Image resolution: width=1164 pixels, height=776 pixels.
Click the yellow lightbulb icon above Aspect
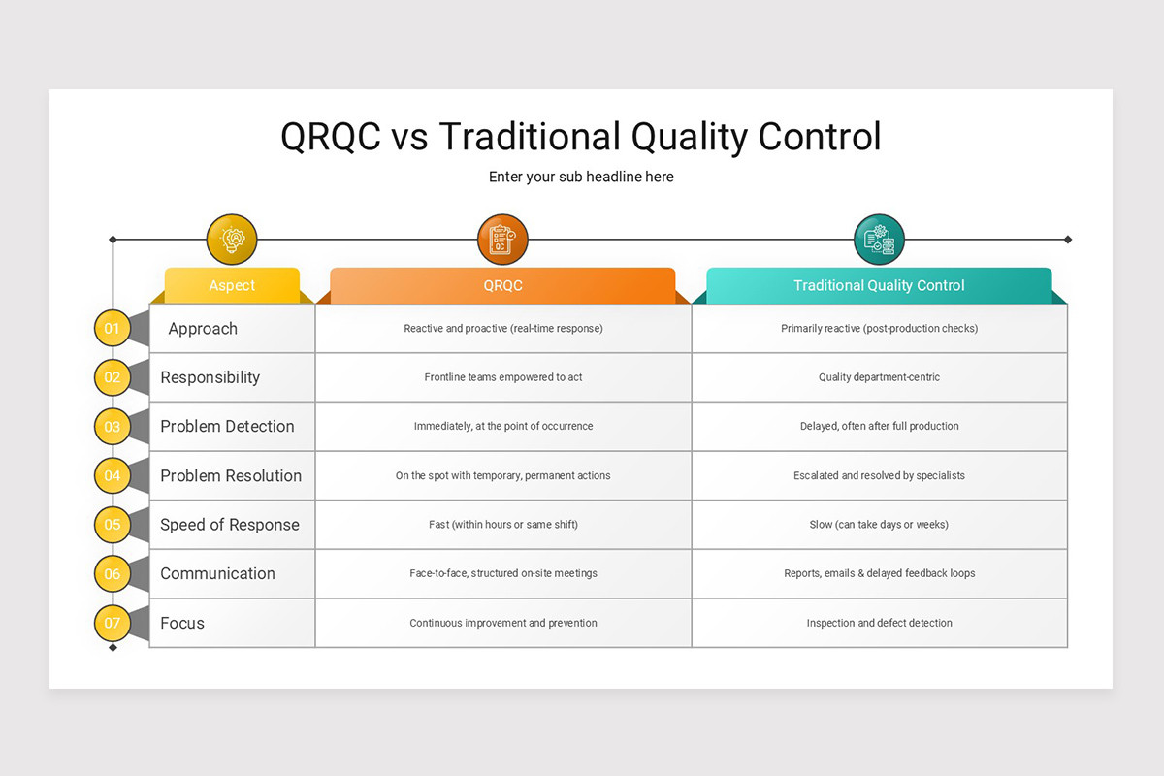click(232, 240)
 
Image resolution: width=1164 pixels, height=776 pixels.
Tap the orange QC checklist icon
click(502, 240)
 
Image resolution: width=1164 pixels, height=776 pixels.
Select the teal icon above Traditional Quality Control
click(879, 240)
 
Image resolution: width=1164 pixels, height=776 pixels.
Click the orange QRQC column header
click(502, 285)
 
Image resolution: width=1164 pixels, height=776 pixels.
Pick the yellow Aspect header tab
click(232, 285)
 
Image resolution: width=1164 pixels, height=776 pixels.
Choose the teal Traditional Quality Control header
click(879, 285)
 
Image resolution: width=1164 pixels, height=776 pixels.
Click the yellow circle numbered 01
click(113, 328)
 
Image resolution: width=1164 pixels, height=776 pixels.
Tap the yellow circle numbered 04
click(113, 475)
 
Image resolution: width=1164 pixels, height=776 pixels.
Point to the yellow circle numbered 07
click(113, 623)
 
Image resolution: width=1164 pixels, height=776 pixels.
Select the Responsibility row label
click(210, 377)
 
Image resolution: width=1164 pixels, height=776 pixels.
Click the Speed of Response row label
click(230, 525)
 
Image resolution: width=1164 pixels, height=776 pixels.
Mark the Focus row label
click(182, 623)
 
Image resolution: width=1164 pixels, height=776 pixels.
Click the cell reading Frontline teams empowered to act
click(502, 377)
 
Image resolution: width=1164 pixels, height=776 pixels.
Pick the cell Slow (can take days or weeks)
click(879, 525)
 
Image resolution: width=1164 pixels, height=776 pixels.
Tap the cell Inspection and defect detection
click(879, 623)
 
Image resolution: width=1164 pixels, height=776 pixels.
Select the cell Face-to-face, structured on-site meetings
click(502, 573)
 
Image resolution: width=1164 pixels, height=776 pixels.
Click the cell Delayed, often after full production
click(879, 426)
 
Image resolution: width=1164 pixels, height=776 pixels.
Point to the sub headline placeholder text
click(581, 177)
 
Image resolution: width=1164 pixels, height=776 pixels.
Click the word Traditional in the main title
click(530, 136)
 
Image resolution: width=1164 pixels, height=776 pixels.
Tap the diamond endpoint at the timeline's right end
click(1068, 239)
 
